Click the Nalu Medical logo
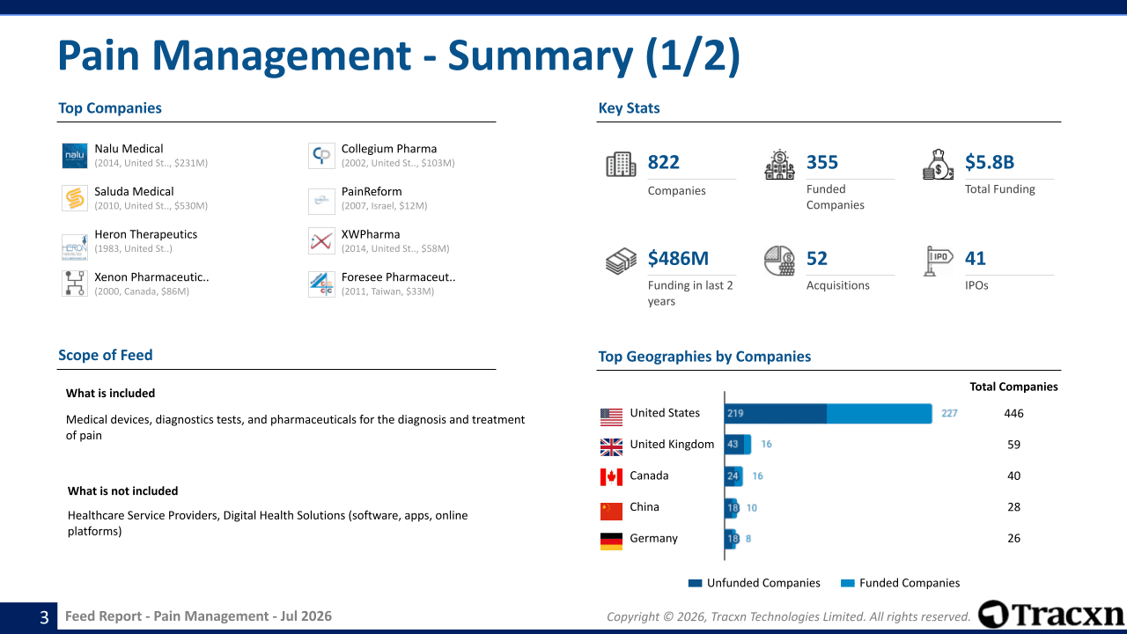tap(75, 156)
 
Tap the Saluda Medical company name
tap(134, 192)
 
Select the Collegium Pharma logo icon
tap(321, 156)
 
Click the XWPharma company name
tap(371, 234)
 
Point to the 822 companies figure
tap(664, 162)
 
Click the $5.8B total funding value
tap(990, 162)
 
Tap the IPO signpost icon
tap(938, 261)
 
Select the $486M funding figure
tap(678, 258)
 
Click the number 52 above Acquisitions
tap(816, 258)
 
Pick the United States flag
tap(611, 417)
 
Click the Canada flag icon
tap(611, 477)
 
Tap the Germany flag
tap(611, 542)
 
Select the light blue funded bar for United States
tap(880, 414)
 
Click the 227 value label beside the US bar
tap(949, 414)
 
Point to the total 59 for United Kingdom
tap(1013, 445)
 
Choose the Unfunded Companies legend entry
tap(755, 583)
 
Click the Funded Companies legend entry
tap(901, 583)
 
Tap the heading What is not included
tap(122, 491)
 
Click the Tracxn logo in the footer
tap(1050, 615)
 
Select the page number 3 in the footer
tap(44, 617)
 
